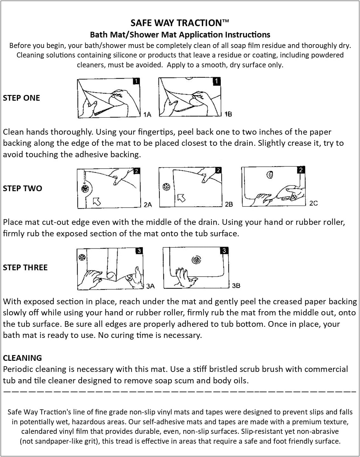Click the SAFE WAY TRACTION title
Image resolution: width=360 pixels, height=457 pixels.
[180, 23]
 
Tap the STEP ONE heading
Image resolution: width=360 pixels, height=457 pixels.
[21, 98]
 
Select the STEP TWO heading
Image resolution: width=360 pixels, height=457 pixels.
[22, 188]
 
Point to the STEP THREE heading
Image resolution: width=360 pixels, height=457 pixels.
[25, 267]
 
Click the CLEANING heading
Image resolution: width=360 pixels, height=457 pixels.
[22, 358]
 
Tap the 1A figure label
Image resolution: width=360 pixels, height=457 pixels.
[147, 114]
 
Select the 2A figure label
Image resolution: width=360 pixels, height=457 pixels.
[148, 205]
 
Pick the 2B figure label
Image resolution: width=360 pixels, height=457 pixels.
[229, 204]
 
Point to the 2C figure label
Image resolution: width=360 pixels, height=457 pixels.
[313, 203]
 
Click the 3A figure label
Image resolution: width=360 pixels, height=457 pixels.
[150, 286]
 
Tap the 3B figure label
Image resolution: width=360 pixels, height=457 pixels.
[236, 286]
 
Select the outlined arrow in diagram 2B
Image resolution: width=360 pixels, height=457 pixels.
[181, 198]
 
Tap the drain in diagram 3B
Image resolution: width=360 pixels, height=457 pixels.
[196, 260]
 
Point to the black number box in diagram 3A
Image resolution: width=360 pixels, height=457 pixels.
[139, 251]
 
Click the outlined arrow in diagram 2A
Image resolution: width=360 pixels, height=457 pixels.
[97, 201]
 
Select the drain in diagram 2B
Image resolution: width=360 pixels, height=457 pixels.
[166, 187]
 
